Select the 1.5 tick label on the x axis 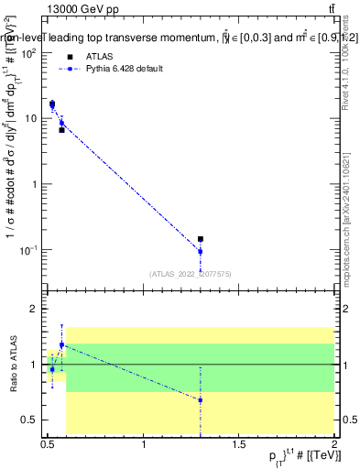point(239,444)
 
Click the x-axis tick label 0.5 point(48,444)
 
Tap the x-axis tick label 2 point(335,444)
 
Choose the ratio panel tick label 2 point(35,310)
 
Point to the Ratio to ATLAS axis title point(13,365)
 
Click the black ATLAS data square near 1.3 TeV point(201,239)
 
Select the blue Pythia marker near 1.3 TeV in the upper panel point(201,251)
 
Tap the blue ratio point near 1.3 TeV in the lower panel point(201,400)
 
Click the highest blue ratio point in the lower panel point(61,344)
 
